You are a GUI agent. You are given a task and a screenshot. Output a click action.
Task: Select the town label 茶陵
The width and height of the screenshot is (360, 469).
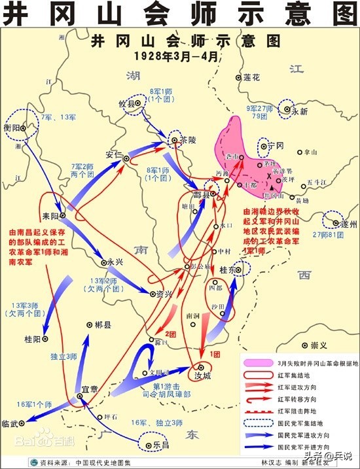[188, 140]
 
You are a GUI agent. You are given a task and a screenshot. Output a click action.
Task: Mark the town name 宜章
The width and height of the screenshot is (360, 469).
[89, 389]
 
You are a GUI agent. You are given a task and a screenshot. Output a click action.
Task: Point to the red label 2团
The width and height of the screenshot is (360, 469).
[171, 334]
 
